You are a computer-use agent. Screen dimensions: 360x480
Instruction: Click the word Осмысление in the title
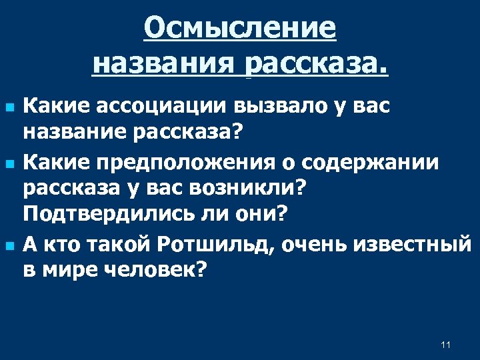click(240, 29)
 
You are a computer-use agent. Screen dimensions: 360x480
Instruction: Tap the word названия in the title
click(163, 64)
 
